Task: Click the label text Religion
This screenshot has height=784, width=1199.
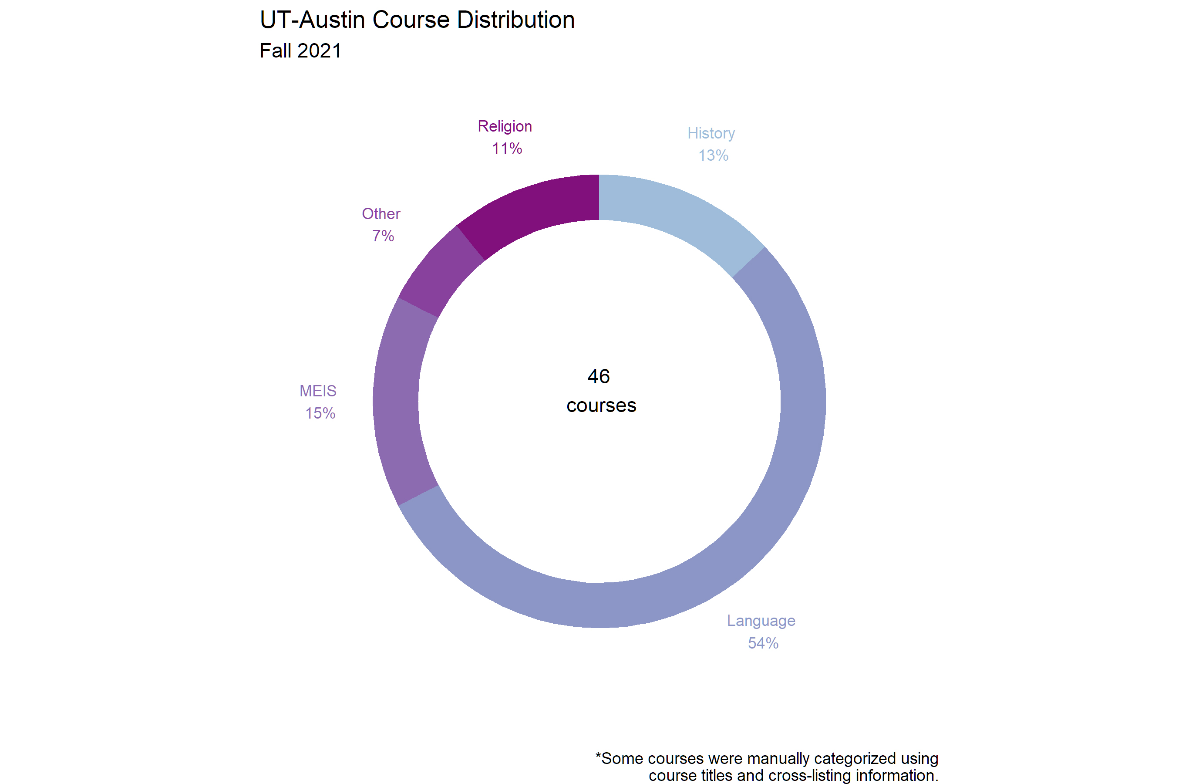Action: point(505,126)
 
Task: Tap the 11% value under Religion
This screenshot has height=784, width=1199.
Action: point(507,149)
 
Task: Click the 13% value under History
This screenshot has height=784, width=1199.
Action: point(713,155)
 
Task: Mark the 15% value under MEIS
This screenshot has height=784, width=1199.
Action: point(320,414)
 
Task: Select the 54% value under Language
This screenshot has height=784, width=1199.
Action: point(763,643)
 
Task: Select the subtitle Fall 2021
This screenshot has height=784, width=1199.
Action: point(300,51)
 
